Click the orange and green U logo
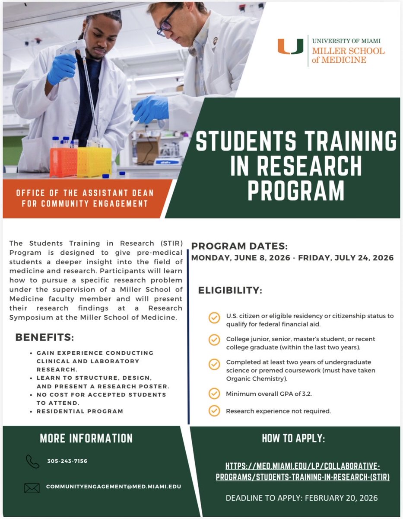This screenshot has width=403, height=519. pyautogui.click(x=290, y=47)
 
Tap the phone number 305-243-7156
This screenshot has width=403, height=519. pyautogui.click(x=67, y=461)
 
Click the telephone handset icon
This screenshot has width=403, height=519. pyautogui.click(x=32, y=461)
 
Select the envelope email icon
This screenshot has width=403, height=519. pyautogui.click(x=32, y=487)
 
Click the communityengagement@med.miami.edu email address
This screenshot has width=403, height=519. pyautogui.click(x=114, y=487)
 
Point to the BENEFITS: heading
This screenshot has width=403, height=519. pyautogui.click(x=44, y=337)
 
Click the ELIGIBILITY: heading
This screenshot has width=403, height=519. pyautogui.click(x=230, y=290)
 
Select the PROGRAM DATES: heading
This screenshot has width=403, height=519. pyautogui.click(x=239, y=247)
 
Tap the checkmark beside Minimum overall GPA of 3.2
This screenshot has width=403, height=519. pyautogui.click(x=214, y=394)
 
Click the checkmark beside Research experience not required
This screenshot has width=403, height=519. pyautogui.click(x=214, y=410)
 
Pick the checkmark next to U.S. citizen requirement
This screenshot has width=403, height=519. pyautogui.click(x=214, y=318)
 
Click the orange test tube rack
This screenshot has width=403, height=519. pyautogui.click(x=63, y=162)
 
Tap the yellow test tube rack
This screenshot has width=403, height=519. pyautogui.click(x=94, y=162)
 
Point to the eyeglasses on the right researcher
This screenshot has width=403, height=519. pyautogui.click(x=168, y=24)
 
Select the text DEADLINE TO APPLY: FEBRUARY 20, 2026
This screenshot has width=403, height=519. pyautogui.click(x=301, y=498)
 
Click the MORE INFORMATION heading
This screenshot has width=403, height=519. pyautogui.click(x=86, y=438)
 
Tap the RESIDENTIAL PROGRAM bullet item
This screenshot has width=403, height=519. pyautogui.click(x=79, y=411)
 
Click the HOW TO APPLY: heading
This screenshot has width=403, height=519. pyautogui.click(x=293, y=438)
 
